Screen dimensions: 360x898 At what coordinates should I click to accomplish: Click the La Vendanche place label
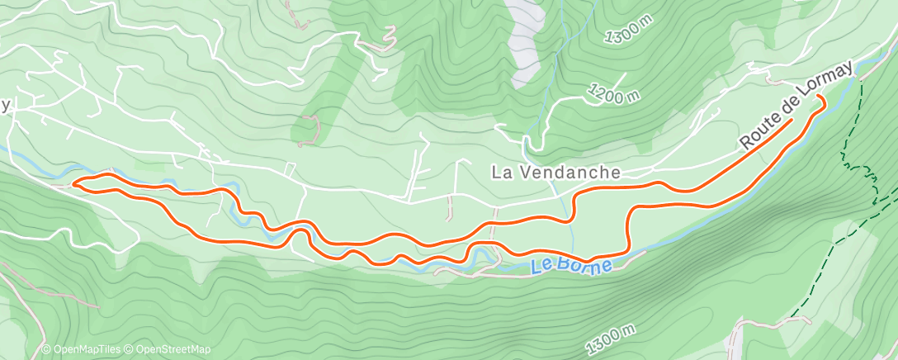coord(555,173)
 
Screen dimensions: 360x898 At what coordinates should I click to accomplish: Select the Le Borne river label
coord(572,266)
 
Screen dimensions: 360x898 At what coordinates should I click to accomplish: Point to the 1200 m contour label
coord(614,93)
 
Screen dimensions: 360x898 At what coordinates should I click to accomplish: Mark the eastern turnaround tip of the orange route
coord(822,98)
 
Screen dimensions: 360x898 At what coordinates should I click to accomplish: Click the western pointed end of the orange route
coord(74,184)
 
